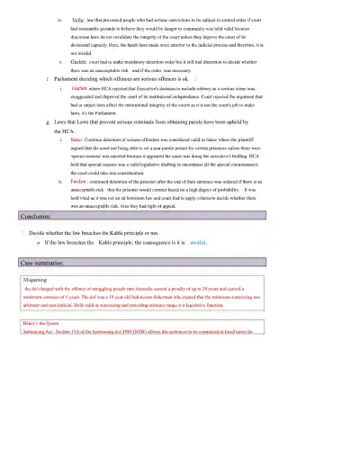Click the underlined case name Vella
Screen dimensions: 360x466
pyautogui.click(x=77, y=19)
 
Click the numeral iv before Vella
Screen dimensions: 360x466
pyautogui.click(x=59, y=19)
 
